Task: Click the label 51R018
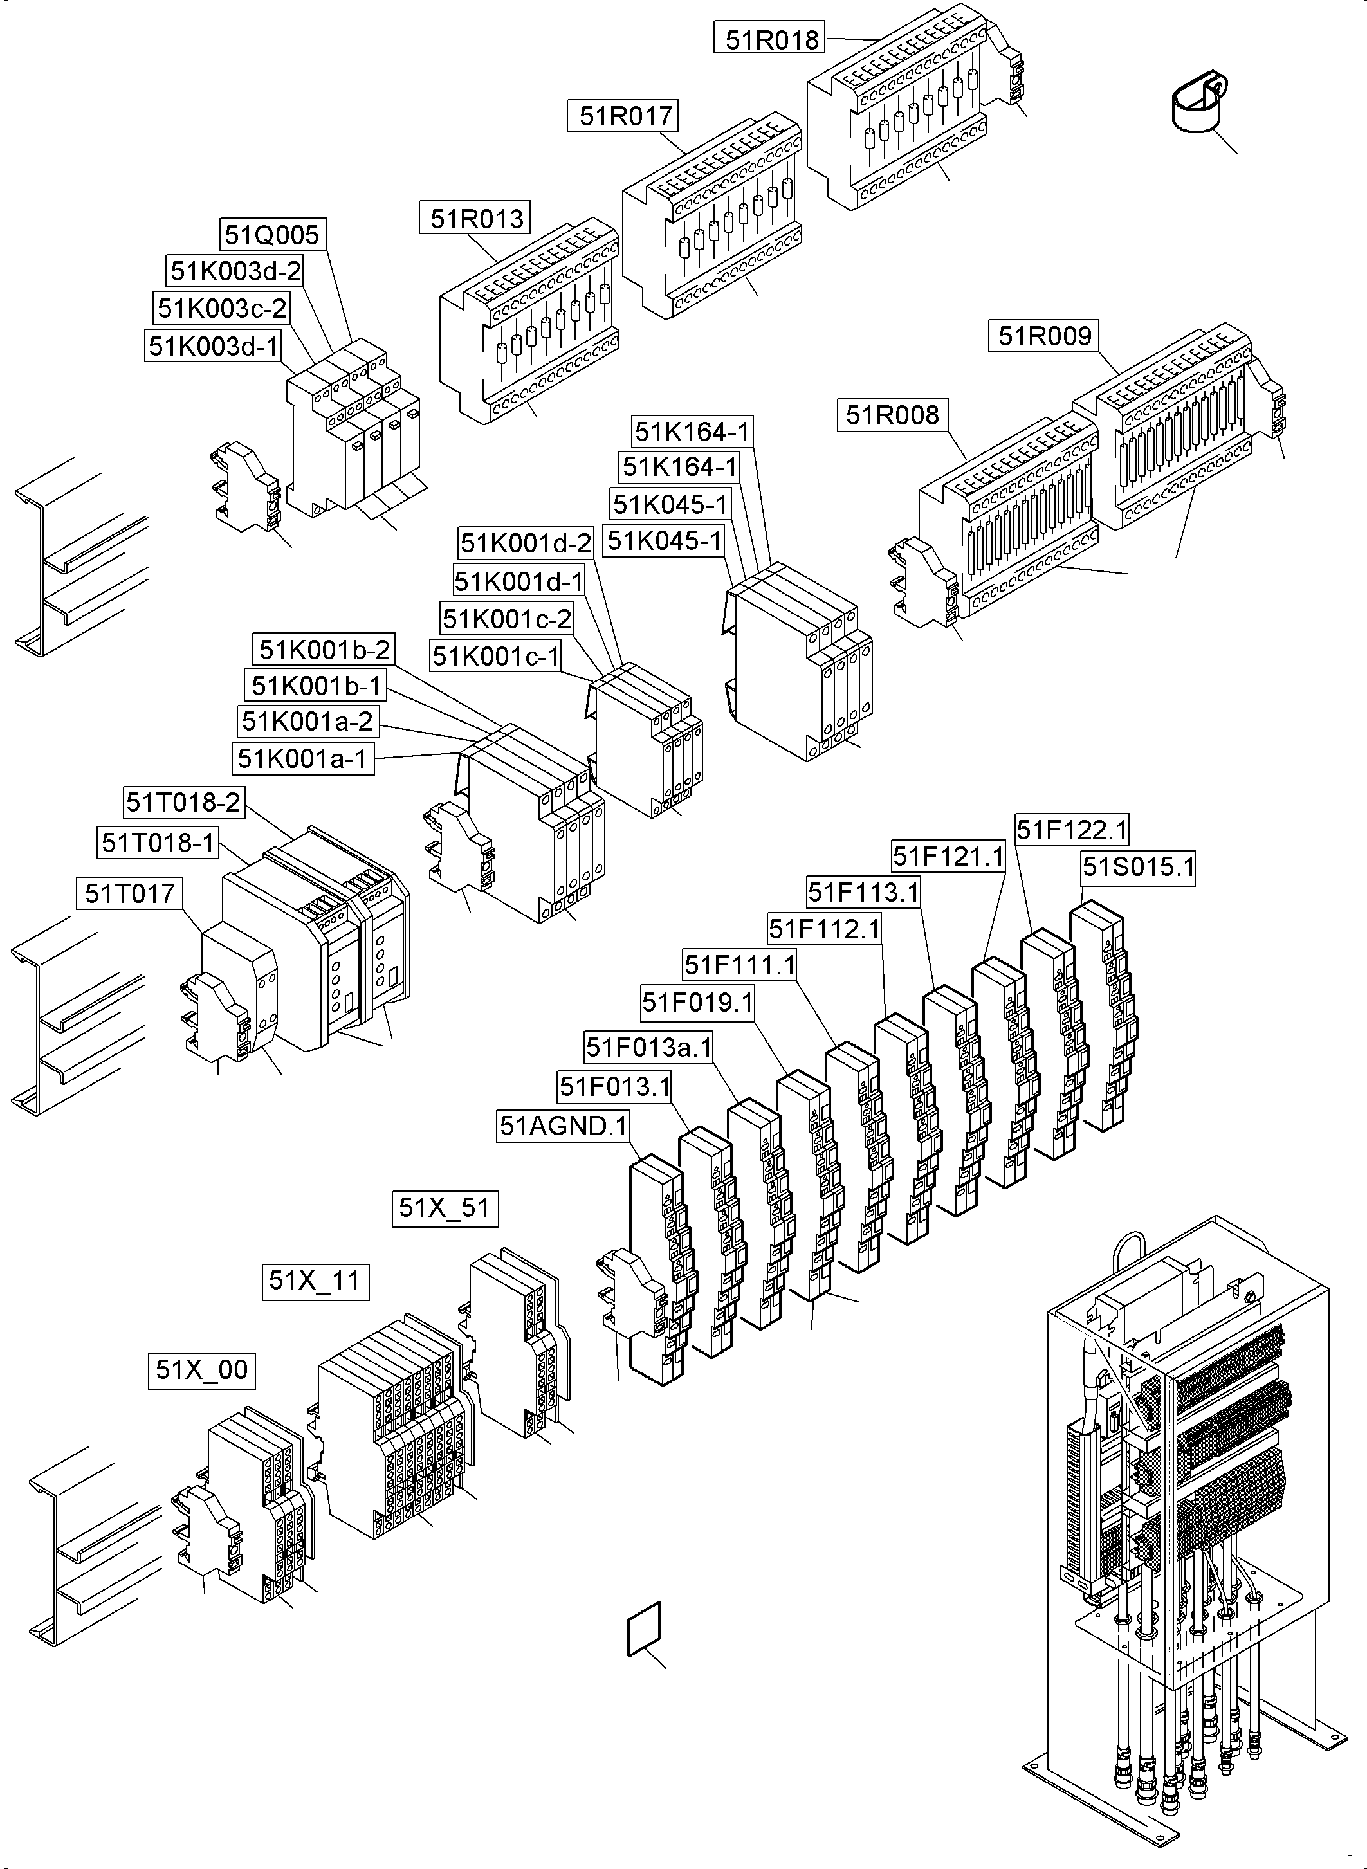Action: click(x=771, y=39)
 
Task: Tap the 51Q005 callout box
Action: click(x=271, y=235)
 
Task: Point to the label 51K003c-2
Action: click(x=222, y=309)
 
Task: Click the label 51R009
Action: click(x=1044, y=336)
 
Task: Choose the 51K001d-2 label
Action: click(x=526, y=543)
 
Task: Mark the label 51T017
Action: click(x=130, y=893)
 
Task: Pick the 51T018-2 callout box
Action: click(x=184, y=802)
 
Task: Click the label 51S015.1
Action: click(x=1139, y=867)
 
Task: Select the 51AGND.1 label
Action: click(x=564, y=1126)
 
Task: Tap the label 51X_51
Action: click(x=445, y=1208)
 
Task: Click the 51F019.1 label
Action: click(x=697, y=1003)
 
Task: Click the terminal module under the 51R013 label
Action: click(x=529, y=327)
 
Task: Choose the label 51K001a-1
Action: click(x=302, y=758)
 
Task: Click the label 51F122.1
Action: click(x=1072, y=830)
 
